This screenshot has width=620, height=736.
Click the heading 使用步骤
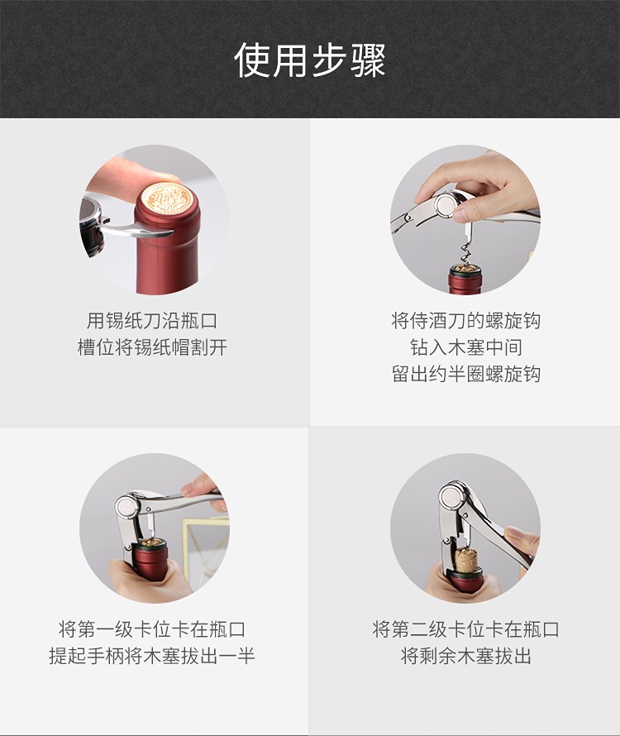(310, 60)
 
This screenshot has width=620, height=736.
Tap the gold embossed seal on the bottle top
(168, 199)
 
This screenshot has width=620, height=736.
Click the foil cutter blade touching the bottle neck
(150, 231)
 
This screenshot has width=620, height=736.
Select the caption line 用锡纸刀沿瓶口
(152, 321)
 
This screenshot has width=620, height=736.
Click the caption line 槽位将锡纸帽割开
(152, 348)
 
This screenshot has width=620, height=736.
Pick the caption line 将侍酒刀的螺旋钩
(465, 321)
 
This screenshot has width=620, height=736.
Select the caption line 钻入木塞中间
(465, 348)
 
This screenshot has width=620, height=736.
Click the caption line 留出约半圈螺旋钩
(465, 375)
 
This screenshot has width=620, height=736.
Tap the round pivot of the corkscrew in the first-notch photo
(127, 506)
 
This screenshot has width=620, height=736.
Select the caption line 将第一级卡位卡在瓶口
(152, 629)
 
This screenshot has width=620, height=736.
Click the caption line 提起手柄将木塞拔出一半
(152, 657)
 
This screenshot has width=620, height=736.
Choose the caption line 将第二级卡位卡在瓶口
(465, 629)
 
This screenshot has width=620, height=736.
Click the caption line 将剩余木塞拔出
(465, 657)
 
